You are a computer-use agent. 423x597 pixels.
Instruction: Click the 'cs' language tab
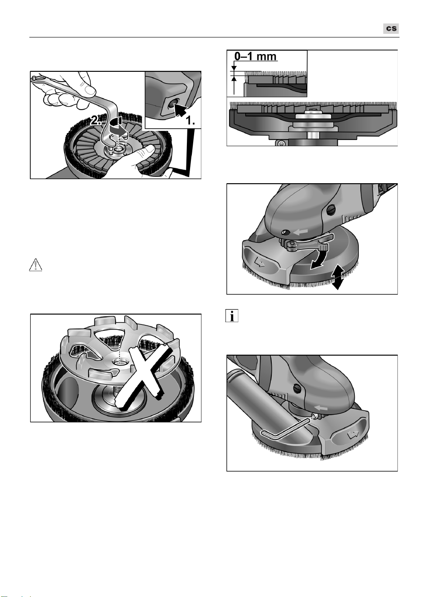pyautogui.click(x=391, y=28)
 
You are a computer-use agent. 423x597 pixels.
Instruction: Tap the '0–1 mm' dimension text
pyautogui.click(x=255, y=56)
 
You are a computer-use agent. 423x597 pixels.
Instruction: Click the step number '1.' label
pyautogui.click(x=190, y=120)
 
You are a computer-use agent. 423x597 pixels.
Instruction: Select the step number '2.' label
pyautogui.click(x=96, y=120)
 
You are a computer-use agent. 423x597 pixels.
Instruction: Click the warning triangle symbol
pyautogui.click(x=36, y=265)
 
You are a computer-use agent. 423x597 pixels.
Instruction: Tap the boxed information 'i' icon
pyautogui.click(x=232, y=316)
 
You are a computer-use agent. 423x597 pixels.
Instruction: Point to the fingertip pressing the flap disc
pyautogui.click(x=149, y=149)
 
